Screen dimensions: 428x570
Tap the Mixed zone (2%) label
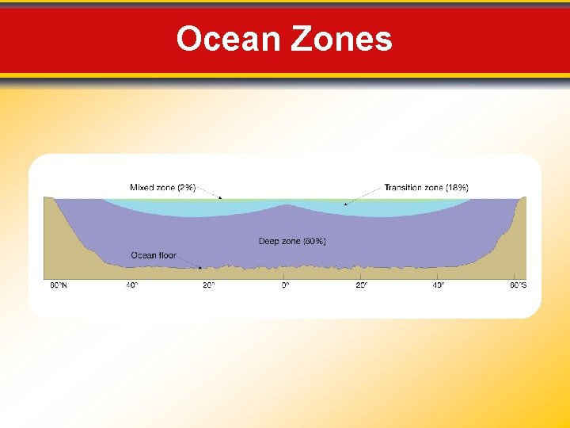point(162,188)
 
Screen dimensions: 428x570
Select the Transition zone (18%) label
point(426,188)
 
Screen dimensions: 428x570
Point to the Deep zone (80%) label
point(292,241)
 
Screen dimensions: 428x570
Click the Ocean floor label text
point(154,255)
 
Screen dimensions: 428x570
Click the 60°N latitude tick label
point(59,285)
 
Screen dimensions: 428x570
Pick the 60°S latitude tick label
point(517,285)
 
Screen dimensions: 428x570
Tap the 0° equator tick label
point(285,285)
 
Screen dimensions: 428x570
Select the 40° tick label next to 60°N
point(131,285)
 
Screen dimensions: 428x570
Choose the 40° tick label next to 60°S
point(438,285)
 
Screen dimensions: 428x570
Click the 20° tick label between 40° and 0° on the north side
point(209,285)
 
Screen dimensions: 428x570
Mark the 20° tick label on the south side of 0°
point(361,285)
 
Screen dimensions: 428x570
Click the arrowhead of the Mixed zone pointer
point(221,198)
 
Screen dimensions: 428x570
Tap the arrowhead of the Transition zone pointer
point(345,204)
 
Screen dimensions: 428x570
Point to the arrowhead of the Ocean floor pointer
point(199,268)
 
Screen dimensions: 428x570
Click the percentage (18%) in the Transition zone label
point(457,188)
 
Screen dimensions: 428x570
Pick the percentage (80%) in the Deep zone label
point(313,241)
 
